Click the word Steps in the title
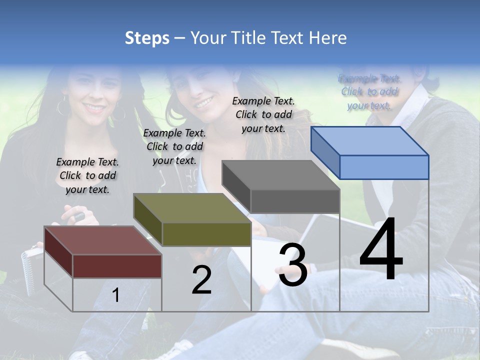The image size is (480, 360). tap(147, 38)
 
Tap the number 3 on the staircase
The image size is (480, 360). tap(293, 265)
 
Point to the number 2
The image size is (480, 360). tap(201, 280)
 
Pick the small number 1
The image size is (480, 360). tap(116, 295)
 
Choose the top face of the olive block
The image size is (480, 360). tap(192, 208)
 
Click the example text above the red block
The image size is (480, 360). tap(87, 175)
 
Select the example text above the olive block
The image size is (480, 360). tap(174, 146)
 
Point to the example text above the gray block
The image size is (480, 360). tap(263, 114)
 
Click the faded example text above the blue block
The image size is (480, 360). tap(369, 92)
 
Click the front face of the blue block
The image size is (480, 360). tap(384, 167)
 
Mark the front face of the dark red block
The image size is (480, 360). tap(117, 266)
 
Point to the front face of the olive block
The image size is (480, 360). tap(206, 234)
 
